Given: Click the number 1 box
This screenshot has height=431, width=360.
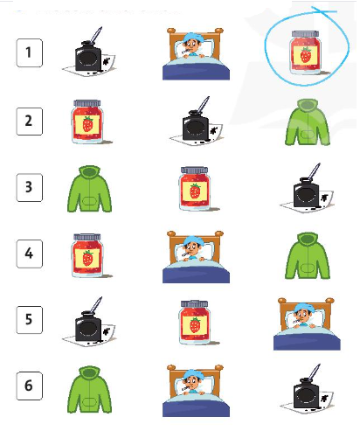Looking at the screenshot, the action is [29, 52].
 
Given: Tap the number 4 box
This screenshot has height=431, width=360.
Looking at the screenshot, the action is [29, 254].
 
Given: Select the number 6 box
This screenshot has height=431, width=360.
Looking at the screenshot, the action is [29, 386].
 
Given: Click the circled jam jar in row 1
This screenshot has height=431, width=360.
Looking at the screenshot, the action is [306, 52].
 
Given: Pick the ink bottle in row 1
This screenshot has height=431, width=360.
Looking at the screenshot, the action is [89, 52].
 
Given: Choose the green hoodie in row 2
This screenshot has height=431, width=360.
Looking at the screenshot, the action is [308, 122].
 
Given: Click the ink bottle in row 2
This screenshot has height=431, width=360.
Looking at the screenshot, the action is [197, 122].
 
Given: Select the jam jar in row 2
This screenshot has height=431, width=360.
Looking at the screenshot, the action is [87, 122].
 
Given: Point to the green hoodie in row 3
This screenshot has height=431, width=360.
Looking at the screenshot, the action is [89, 189].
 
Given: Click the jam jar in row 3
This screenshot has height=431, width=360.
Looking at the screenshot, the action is [195, 189].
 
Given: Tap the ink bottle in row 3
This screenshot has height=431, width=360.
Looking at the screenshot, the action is [307, 188].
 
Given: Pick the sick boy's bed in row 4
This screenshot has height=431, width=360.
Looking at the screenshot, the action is [196, 257].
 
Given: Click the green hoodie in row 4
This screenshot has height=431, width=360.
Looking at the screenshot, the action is [308, 255].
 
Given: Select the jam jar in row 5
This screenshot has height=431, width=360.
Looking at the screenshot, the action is [195, 323].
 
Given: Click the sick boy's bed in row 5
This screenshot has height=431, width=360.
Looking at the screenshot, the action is [307, 323].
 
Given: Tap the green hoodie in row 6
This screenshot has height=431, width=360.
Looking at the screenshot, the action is [89, 390].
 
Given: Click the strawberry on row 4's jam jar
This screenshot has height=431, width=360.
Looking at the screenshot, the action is [87, 259].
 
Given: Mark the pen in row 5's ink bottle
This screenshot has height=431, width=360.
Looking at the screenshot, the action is [96, 305].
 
